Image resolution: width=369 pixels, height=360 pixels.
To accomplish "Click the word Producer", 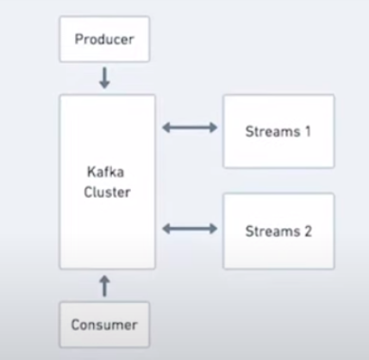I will (x=103, y=40).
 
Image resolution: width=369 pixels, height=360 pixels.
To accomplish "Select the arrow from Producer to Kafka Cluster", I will (x=104, y=79).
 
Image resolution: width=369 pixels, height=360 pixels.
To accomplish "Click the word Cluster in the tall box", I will (x=107, y=192).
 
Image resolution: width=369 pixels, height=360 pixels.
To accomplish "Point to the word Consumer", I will (x=104, y=325).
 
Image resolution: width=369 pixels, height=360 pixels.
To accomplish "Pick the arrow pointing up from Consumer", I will (x=104, y=285).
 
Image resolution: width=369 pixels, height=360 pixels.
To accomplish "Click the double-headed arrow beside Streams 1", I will (x=190, y=128).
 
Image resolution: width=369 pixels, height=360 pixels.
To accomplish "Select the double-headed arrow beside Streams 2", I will (x=190, y=229).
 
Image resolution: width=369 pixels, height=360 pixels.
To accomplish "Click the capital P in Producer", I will (x=79, y=40).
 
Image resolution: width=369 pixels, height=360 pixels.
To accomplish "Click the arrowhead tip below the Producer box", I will (x=104, y=87).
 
